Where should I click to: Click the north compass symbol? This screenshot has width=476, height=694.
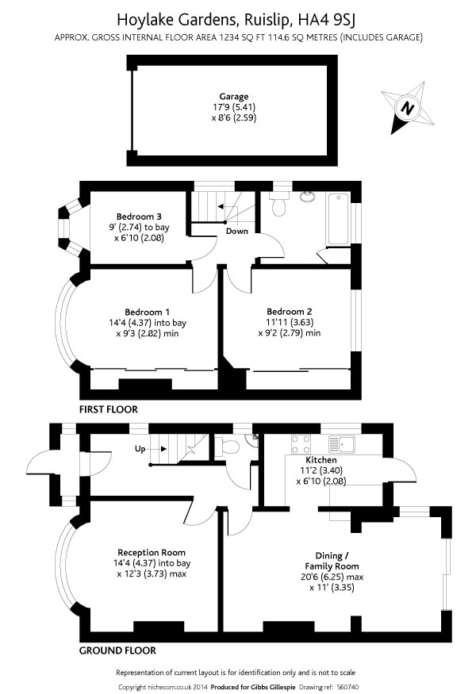407,108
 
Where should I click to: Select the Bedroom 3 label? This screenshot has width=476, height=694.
139,217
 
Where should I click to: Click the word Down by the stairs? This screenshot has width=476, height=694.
237,232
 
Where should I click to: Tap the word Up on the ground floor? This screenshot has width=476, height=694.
140,449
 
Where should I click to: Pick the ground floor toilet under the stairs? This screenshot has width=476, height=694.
230,446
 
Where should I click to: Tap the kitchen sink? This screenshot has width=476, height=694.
347,443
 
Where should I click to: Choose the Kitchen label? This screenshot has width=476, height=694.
321,460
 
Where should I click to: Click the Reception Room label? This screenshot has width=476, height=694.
152,553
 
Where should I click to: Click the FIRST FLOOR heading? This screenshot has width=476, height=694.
108,410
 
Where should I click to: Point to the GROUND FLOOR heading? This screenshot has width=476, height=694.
117,650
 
